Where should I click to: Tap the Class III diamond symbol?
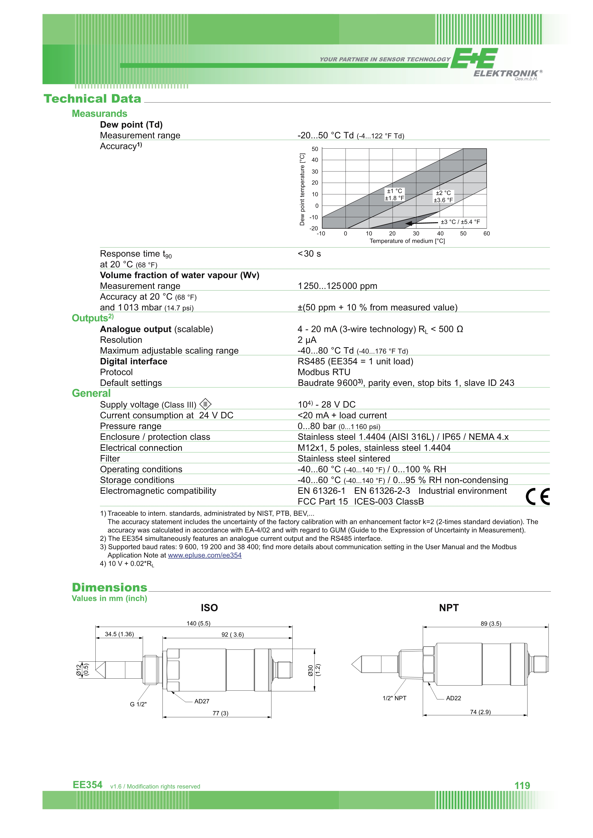[206, 404]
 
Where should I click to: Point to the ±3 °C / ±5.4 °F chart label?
[460, 222]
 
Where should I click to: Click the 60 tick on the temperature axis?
[486, 234]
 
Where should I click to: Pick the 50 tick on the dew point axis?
[315, 149]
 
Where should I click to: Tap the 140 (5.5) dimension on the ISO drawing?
[198, 623]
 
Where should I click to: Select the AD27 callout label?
[202, 701]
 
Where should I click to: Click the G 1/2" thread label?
[138, 704]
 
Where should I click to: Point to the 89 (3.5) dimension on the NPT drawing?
[491, 623]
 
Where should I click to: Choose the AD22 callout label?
[454, 698]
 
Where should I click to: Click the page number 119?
[522, 785]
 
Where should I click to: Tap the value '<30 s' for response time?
[309, 254]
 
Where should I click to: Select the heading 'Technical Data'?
[92, 98]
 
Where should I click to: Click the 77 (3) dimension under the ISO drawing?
[220, 713]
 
